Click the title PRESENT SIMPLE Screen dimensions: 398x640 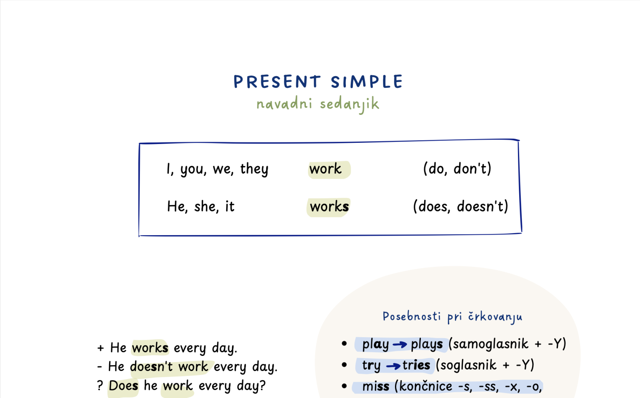[318, 82]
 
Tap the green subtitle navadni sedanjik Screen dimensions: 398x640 [318, 104]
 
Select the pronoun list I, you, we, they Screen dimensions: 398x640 [217, 169]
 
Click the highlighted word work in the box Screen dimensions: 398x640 [325, 169]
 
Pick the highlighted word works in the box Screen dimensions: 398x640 [329, 206]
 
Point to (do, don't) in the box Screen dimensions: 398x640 [457, 169]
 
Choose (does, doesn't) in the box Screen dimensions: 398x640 [460, 206]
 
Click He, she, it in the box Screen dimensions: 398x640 [201, 206]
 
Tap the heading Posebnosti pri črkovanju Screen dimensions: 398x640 [452, 317]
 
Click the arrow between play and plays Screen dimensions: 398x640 [400, 344]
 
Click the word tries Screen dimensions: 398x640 [416, 365]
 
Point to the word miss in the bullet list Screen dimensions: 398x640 [375, 386]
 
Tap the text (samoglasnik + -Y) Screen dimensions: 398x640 [507, 344]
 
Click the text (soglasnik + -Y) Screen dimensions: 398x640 [485, 365]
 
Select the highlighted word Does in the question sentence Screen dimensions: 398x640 [123, 386]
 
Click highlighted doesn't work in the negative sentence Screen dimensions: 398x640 [169, 367]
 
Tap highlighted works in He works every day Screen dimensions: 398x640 [150, 348]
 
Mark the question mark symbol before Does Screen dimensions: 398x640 [100, 386]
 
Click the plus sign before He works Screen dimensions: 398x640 [100, 348]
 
